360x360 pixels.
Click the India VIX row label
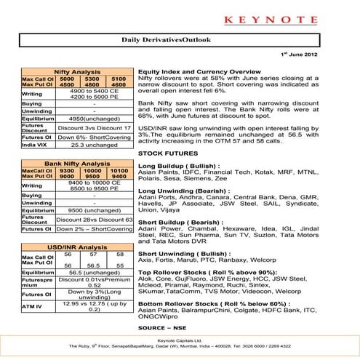point(36,145)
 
